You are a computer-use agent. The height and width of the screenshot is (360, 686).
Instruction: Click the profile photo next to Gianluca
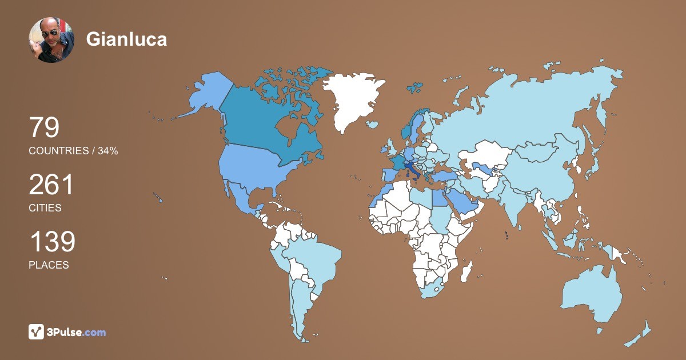(51, 39)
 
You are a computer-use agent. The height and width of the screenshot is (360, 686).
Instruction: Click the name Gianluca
(126, 39)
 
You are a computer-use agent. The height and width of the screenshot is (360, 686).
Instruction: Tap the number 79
(44, 128)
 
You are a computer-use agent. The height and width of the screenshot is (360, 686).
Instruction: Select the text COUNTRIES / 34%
(73, 151)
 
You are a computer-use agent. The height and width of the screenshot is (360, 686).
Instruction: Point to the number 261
(51, 185)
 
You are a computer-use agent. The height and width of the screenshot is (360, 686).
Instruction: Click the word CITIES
(45, 208)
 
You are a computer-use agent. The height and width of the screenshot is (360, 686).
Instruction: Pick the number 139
(52, 242)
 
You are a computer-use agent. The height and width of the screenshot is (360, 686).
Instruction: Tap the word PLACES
(49, 265)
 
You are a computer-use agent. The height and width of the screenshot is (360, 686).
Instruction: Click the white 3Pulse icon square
(37, 331)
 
